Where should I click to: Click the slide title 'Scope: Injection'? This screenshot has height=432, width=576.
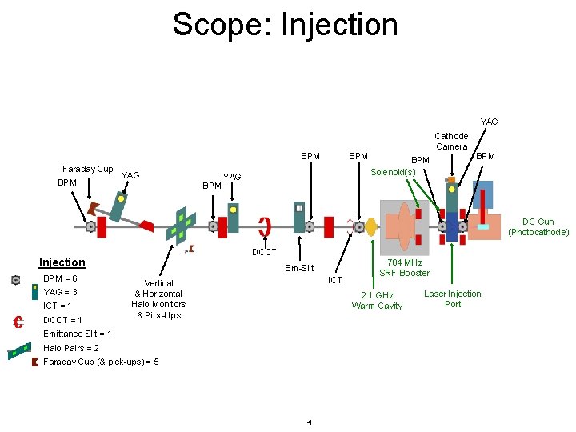point(285,24)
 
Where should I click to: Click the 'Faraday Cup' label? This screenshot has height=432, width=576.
point(87,169)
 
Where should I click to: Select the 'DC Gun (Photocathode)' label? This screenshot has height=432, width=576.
point(538,227)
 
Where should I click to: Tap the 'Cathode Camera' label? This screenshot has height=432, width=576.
point(451,142)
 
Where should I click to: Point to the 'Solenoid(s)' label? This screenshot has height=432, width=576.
point(393,173)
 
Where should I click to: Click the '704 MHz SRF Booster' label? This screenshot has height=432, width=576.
point(404,268)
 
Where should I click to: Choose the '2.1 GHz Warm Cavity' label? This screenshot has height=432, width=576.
point(377,300)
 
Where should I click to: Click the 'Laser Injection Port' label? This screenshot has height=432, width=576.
point(453,298)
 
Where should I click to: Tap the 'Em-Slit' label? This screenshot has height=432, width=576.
point(299,268)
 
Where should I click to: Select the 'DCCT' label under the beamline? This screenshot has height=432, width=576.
point(264,253)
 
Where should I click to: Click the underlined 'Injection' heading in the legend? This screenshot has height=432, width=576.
point(62,262)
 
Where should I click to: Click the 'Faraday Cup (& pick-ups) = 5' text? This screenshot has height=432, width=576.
point(101,362)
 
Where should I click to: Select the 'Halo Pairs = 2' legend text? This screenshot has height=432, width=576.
point(71,348)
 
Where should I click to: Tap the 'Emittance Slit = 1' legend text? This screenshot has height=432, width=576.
point(78,334)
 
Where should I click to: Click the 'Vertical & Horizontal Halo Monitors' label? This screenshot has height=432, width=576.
point(158,298)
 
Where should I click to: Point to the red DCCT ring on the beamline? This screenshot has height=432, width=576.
point(265,226)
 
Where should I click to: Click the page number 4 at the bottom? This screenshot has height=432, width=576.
point(309,422)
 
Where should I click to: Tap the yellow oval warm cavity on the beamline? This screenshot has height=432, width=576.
point(370,227)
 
